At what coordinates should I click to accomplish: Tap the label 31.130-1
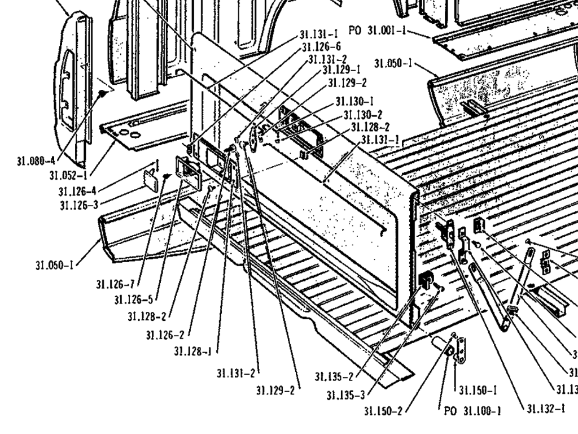354,102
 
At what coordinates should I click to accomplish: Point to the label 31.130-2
362,115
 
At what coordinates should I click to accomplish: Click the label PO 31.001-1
378,30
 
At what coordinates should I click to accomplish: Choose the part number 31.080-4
37,160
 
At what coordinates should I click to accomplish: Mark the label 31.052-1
68,175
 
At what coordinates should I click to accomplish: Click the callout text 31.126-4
77,191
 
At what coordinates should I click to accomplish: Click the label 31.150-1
478,390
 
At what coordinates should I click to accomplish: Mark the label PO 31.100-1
473,411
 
